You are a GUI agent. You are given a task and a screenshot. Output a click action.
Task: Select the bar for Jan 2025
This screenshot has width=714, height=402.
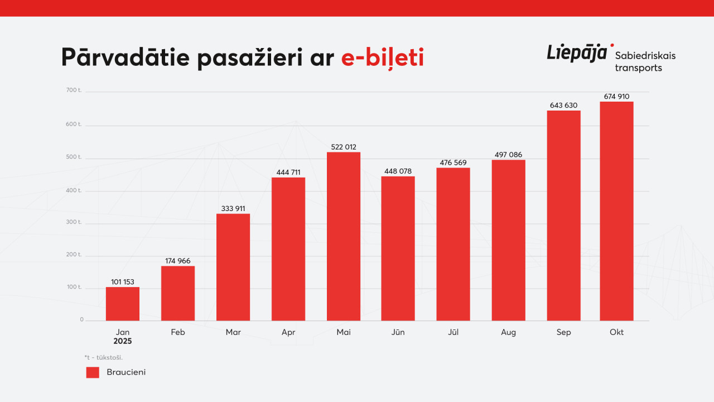(x=123, y=304)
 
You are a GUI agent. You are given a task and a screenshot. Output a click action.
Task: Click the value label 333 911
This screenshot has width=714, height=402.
(x=233, y=209)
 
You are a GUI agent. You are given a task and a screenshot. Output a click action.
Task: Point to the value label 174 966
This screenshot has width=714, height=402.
(x=178, y=261)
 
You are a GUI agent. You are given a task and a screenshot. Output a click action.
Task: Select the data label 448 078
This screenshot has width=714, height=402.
(x=398, y=171)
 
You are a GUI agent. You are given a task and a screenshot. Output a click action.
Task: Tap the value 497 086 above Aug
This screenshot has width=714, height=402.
(x=508, y=155)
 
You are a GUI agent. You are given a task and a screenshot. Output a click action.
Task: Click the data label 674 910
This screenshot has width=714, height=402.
(x=616, y=97)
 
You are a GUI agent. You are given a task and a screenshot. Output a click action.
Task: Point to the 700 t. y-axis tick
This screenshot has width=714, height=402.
(x=74, y=90)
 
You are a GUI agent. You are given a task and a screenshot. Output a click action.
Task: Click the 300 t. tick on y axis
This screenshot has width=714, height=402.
(x=74, y=222)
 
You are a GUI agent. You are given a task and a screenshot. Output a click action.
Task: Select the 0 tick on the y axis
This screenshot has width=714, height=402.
(x=81, y=320)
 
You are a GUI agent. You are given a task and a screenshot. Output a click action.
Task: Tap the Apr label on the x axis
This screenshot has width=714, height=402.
(x=288, y=332)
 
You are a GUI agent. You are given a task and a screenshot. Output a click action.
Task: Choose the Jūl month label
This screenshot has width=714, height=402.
(x=453, y=332)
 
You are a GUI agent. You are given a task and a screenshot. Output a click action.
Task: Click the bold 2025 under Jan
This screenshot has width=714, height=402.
(x=123, y=341)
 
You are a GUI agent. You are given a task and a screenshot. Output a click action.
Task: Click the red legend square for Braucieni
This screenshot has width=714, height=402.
(x=93, y=372)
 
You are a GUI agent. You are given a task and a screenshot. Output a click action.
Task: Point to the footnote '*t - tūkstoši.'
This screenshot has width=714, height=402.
(x=104, y=357)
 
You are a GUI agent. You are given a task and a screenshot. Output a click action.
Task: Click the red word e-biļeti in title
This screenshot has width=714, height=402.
(x=383, y=59)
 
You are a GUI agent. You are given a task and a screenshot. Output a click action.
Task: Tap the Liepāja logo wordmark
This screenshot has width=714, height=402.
(x=577, y=54)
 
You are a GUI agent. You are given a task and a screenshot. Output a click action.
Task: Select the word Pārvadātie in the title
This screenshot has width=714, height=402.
(x=125, y=59)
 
